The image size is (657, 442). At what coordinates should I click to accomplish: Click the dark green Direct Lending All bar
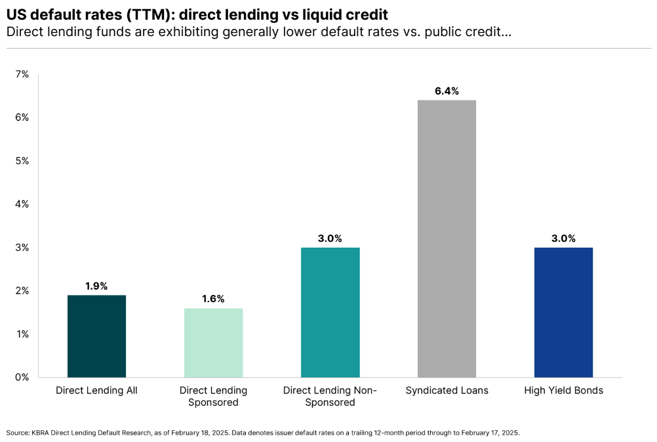coord(96,336)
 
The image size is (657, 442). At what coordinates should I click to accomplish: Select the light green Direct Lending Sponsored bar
coord(213,343)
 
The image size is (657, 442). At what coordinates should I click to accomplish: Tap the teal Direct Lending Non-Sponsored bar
coord(330,313)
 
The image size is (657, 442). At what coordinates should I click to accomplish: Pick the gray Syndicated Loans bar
coord(447,239)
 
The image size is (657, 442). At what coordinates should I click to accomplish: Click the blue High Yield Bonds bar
coord(563,313)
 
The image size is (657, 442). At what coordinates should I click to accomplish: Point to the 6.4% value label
coord(447,91)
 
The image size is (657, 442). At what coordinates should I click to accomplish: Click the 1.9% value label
coord(96,286)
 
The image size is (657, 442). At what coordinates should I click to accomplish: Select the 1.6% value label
coord(213,299)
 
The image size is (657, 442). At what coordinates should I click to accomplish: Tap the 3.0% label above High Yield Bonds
coord(563,238)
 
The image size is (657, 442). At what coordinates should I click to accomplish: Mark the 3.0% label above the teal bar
coord(330,238)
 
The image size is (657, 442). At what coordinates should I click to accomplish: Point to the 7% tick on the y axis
coord(22,75)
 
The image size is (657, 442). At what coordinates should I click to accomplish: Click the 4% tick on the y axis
coord(22,204)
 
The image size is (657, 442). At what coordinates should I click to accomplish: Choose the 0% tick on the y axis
coord(22,377)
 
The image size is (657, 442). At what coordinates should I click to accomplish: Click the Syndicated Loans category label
coord(447,390)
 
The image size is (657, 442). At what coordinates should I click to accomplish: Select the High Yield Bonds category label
coord(563,390)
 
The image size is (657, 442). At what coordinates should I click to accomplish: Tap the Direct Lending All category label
coord(96,390)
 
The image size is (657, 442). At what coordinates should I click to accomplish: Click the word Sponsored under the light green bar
coord(213,402)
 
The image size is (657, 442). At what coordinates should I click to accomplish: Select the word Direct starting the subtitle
coord(22,32)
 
